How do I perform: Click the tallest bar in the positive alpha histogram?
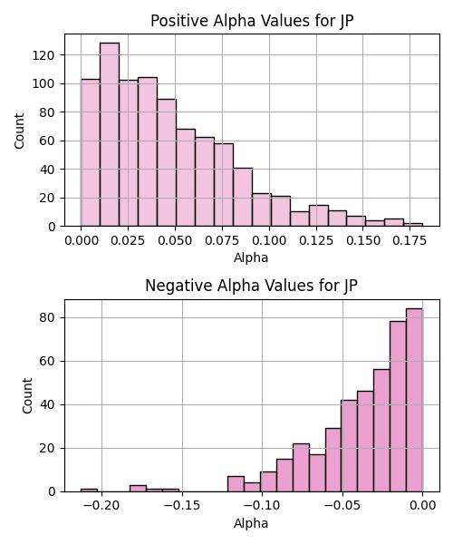click(x=110, y=134)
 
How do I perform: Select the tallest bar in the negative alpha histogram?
click(x=414, y=400)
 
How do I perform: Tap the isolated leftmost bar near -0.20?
click(x=89, y=491)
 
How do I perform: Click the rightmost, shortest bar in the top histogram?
click(x=413, y=225)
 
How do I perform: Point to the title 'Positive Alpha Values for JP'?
click(x=252, y=21)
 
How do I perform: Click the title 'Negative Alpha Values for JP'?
click(x=251, y=286)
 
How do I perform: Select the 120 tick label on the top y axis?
click(x=43, y=55)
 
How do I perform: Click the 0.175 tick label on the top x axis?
click(x=410, y=240)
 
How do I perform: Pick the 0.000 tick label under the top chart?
click(x=82, y=240)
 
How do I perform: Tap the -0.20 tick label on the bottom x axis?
click(x=101, y=505)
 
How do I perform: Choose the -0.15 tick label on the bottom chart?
click(x=182, y=505)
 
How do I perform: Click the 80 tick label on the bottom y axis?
click(x=47, y=318)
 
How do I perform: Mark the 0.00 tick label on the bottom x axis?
click(x=423, y=505)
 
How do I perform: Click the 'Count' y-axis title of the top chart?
click(x=19, y=131)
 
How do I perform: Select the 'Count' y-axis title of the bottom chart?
click(x=27, y=396)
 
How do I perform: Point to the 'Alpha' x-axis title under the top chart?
click(x=251, y=257)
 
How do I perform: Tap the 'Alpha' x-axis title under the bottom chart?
click(x=251, y=523)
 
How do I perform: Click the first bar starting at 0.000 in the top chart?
click(x=91, y=152)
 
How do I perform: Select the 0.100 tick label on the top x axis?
click(x=270, y=240)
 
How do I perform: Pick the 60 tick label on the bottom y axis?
click(x=47, y=362)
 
